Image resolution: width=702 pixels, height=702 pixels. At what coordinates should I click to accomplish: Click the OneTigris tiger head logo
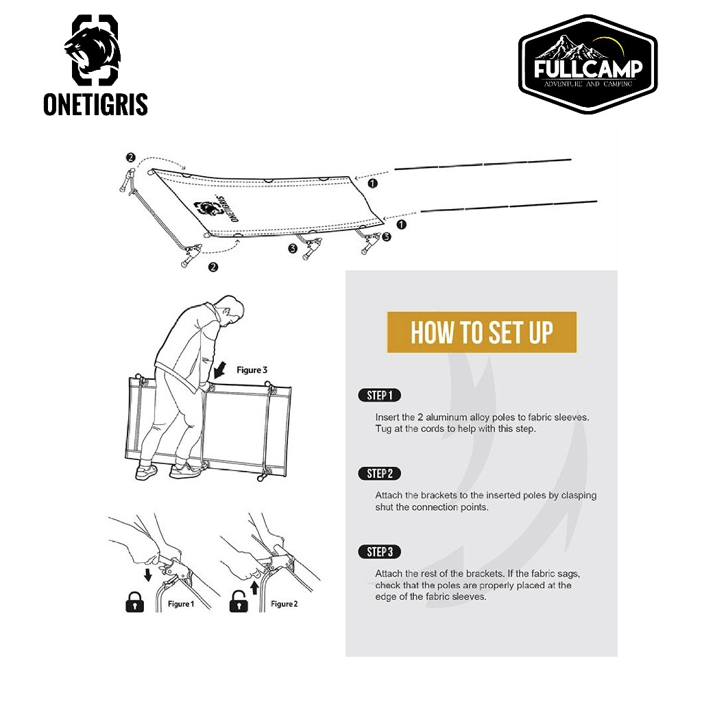[x=95, y=50]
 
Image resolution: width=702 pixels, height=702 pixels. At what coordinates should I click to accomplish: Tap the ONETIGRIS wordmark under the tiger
[x=95, y=105]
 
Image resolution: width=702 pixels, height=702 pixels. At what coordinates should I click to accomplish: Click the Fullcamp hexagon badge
[x=588, y=64]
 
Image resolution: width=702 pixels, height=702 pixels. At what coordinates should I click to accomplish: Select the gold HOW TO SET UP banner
[x=482, y=332]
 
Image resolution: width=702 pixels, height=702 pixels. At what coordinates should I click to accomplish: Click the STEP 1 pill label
[x=379, y=396]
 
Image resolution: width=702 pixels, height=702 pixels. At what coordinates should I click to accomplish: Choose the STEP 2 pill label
[x=379, y=474]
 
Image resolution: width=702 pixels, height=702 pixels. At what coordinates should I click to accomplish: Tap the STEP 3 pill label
[x=379, y=552]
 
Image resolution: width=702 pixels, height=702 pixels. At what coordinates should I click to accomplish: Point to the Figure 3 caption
[x=252, y=370]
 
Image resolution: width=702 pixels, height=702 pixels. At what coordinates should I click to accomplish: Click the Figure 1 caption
[x=181, y=604]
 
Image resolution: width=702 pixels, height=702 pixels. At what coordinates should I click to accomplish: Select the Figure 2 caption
[x=284, y=604]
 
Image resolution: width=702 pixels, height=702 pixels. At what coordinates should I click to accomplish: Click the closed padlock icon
[x=135, y=602]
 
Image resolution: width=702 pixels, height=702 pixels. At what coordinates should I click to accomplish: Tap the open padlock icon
[x=239, y=601]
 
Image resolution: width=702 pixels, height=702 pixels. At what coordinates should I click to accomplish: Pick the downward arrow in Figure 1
[x=148, y=574]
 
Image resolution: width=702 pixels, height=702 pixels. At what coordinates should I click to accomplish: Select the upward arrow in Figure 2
[x=254, y=588]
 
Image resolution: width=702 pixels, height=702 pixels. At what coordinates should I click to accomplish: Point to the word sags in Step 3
[x=568, y=574]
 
